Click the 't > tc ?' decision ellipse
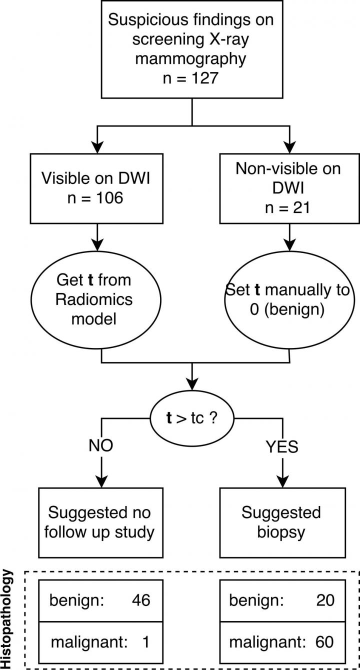click(x=192, y=416)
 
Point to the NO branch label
click(x=101, y=445)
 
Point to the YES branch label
click(x=283, y=446)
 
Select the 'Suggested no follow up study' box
click(x=101, y=522)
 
